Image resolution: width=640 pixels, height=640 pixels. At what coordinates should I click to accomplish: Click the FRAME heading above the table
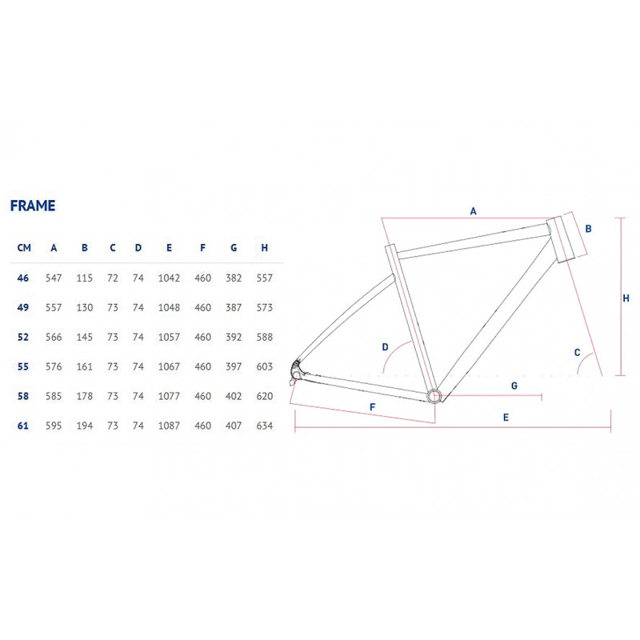pos(33,206)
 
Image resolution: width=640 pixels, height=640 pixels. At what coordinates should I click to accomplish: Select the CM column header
pos(24,248)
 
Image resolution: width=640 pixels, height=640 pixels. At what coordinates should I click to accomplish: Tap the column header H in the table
pos(265,248)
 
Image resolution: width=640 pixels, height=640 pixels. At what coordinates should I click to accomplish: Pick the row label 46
pos(23,278)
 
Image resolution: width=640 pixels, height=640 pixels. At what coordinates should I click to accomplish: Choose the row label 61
pos(23,426)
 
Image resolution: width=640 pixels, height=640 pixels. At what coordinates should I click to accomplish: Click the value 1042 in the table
pos(169,278)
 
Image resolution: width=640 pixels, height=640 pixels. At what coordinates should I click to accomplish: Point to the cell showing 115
pos(85,278)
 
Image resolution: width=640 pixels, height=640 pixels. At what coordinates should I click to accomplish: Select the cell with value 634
pos(265,426)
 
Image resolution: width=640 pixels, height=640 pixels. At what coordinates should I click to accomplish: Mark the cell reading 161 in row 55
pos(85,366)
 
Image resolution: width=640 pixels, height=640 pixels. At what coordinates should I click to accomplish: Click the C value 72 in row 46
pos(113,278)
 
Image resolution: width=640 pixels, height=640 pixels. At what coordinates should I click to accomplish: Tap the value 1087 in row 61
pos(169,426)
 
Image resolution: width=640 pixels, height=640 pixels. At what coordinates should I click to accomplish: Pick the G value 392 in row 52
pos(234,337)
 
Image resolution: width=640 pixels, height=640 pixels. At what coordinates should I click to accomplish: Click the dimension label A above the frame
pos(473,211)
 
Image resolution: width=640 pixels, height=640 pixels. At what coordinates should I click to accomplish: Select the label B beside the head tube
pos(588,229)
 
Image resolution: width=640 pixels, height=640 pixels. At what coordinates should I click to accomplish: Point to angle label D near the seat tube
pos(385,347)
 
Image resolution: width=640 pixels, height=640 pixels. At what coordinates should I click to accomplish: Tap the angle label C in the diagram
pos(577,352)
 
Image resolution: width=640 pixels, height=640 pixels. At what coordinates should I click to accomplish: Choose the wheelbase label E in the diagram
pos(506,417)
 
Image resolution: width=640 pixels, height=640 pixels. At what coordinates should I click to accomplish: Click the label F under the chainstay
pos(372,407)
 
